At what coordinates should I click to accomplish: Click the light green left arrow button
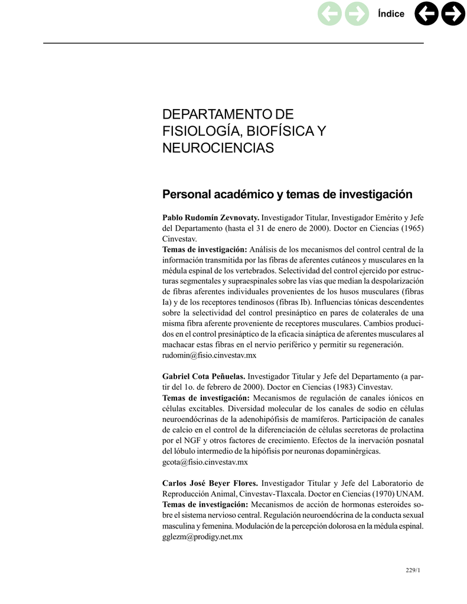tap(329, 15)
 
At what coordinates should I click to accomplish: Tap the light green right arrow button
tap(356, 15)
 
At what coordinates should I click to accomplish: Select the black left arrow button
tap(426, 15)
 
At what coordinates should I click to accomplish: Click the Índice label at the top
tap(391, 14)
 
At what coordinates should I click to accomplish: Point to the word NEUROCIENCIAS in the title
tap(218, 147)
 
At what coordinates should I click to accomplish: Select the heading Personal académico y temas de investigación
tap(287, 194)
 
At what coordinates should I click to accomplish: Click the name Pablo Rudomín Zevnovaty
tap(211, 218)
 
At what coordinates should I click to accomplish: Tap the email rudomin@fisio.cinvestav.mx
tap(209, 356)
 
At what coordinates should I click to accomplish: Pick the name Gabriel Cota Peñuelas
tap(204, 376)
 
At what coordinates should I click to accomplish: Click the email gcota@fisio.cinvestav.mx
tap(205, 462)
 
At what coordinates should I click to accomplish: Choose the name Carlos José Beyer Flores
tap(210, 482)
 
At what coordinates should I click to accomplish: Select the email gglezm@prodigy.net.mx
tap(203, 537)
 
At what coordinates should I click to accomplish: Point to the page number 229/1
tap(412, 570)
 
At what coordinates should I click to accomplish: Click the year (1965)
tap(412, 228)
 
